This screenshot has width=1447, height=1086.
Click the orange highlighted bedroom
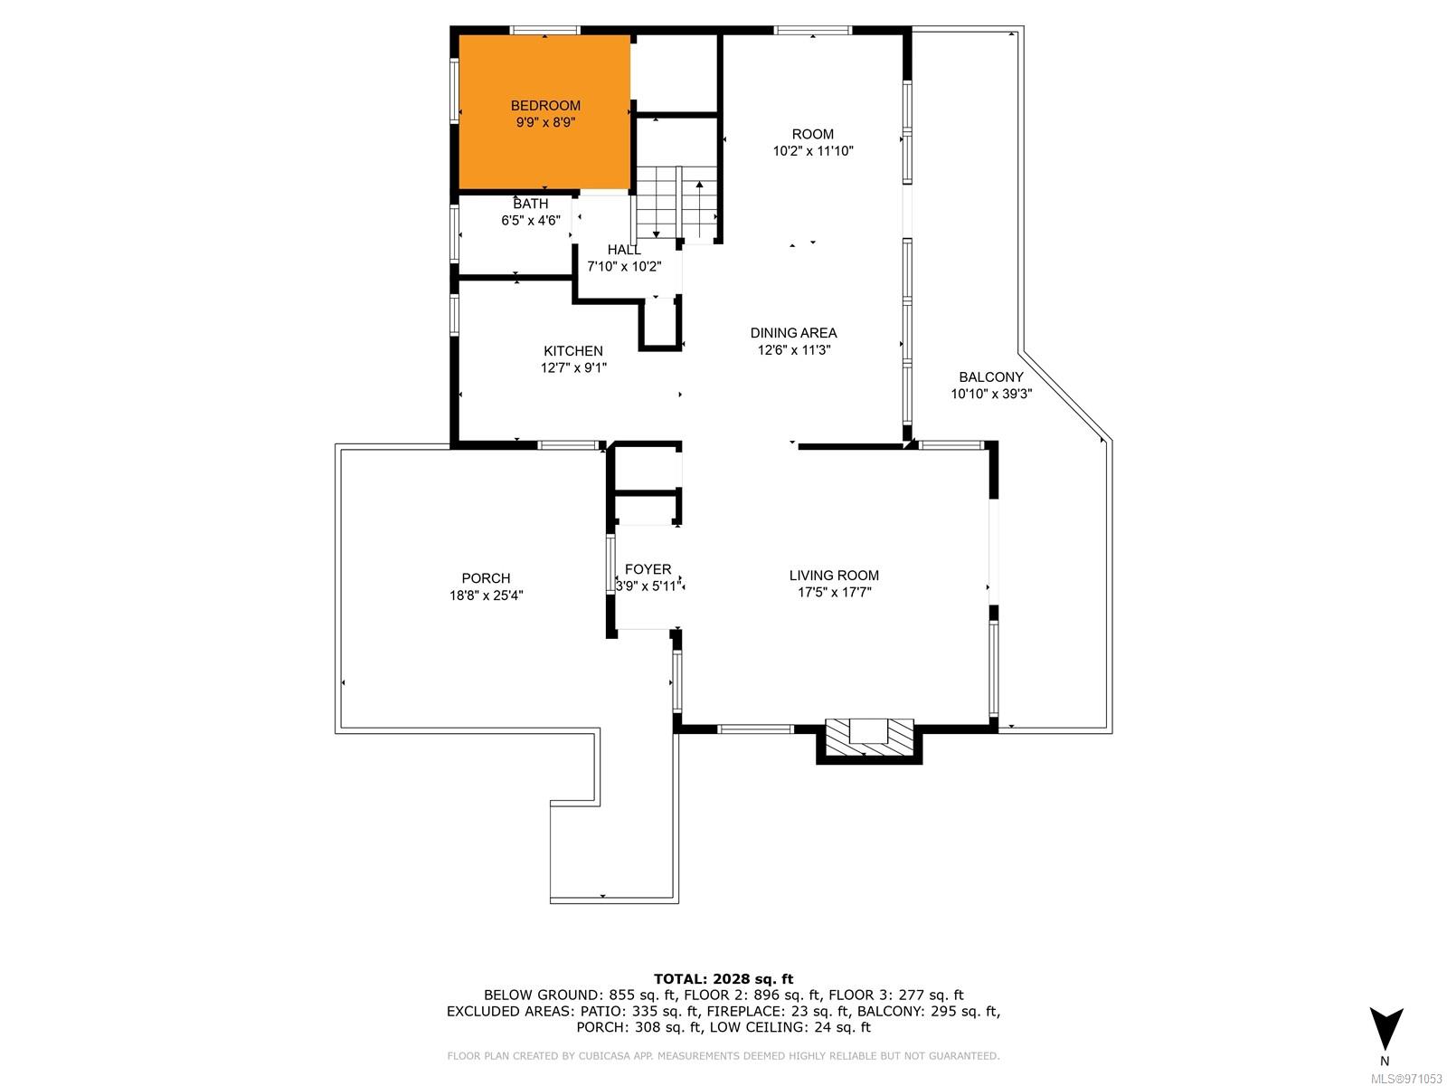544,112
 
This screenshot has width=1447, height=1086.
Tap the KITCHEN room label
572,351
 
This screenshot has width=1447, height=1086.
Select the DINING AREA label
793,333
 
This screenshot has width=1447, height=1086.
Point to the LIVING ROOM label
834,575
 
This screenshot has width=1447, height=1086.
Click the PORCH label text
486,578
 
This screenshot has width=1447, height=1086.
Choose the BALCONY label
991,377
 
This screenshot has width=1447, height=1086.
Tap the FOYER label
648,569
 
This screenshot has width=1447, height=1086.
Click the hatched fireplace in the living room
869,739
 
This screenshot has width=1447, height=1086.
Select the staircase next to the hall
676,203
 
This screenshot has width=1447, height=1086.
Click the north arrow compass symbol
1386,1029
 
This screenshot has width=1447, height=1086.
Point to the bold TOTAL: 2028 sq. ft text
723,979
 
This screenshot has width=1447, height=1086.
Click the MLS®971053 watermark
1407,1079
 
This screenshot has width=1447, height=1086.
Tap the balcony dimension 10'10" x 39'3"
991,395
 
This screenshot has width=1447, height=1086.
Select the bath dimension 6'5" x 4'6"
531,220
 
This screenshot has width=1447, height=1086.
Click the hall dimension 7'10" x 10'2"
624,266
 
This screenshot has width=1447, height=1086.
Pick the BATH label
531,204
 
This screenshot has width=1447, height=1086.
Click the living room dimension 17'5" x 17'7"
834,592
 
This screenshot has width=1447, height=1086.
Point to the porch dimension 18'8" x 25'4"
486,595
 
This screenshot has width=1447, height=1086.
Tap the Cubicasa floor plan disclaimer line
723,1055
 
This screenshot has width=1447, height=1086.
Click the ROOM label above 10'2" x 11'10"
813,134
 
